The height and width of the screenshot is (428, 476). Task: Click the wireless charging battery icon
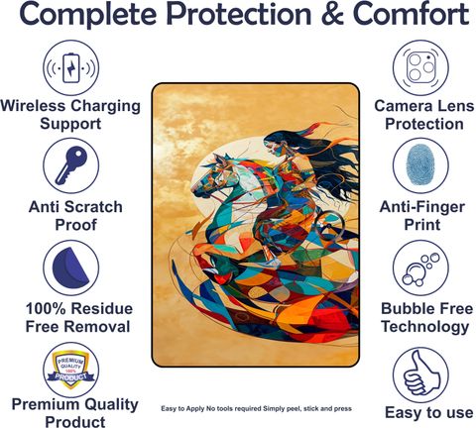click(71, 68)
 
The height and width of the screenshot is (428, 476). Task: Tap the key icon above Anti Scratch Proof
click(70, 165)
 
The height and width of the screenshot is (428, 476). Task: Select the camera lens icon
click(420, 67)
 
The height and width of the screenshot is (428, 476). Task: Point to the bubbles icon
click(420, 269)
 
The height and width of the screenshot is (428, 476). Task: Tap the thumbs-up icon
click(421, 374)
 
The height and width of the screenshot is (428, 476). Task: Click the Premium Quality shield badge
click(70, 370)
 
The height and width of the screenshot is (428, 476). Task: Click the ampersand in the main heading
click(331, 14)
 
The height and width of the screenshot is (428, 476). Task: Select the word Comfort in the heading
click(411, 14)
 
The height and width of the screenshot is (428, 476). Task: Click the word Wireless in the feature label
click(33, 106)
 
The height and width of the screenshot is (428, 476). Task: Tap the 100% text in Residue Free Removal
click(46, 309)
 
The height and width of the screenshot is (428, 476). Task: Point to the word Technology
click(425, 327)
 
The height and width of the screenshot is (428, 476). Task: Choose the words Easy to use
click(429, 413)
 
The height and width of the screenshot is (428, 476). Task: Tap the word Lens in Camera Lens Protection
click(456, 106)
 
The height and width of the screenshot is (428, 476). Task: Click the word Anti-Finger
click(422, 207)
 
